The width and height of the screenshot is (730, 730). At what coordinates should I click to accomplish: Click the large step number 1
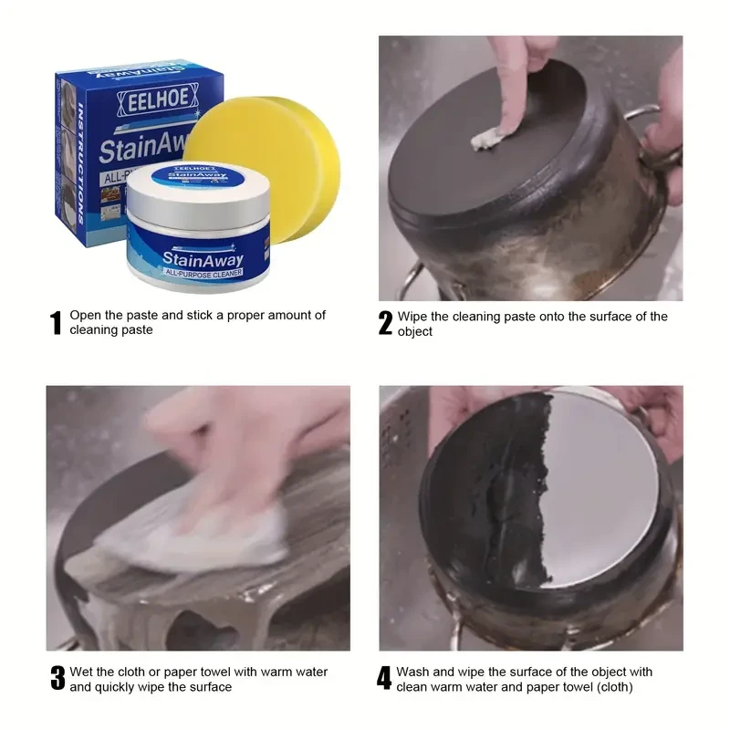(56, 323)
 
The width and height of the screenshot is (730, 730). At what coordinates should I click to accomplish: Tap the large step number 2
(385, 323)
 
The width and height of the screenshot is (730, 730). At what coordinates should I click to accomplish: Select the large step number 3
(57, 679)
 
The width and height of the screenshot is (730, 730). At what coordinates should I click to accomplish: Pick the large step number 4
(384, 679)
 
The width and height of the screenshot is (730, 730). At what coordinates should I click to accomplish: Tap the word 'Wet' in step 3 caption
(83, 672)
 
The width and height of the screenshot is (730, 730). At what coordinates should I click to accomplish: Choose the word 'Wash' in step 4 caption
(415, 672)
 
